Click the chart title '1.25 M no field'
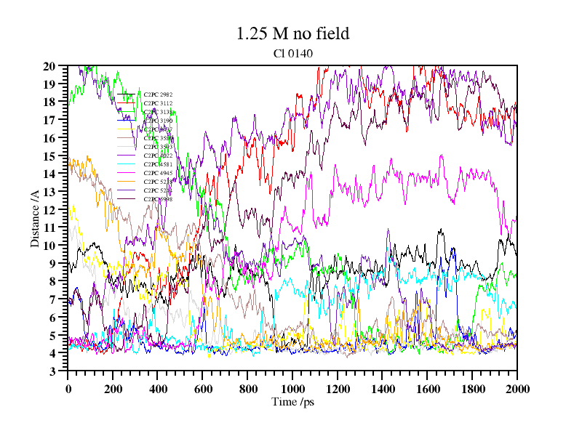[x=292, y=33]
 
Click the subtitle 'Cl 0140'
[x=292, y=52]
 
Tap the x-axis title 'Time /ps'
[x=292, y=402]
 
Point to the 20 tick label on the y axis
[x=49, y=66]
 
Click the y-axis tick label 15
[x=49, y=156]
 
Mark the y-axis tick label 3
[x=52, y=371]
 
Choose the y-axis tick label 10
[x=49, y=246]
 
